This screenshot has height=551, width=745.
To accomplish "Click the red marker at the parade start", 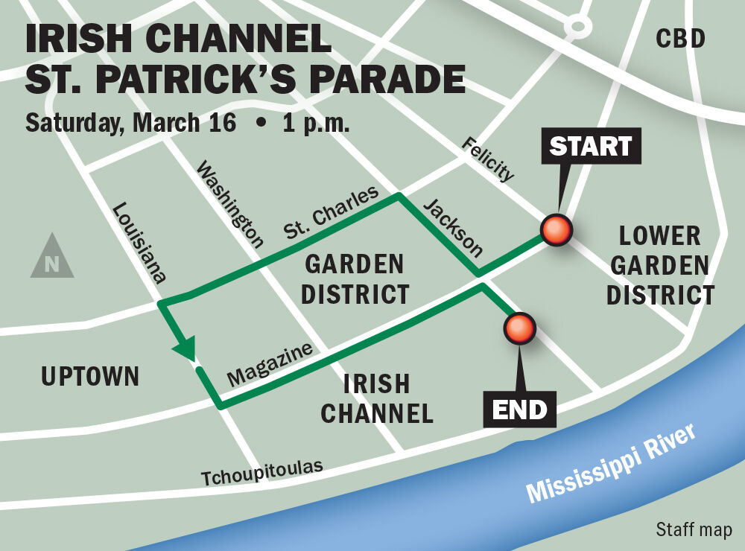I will [556, 231].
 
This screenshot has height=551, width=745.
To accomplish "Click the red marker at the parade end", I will [519, 328].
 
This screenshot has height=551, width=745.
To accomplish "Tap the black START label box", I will [590, 147].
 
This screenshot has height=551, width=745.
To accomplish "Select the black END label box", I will [519, 409].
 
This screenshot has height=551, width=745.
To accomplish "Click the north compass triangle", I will [52, 258].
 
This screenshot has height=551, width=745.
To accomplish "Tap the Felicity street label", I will [487, 159].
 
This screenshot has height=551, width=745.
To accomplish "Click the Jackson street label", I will [453, 227].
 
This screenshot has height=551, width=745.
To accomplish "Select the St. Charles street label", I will [331, 214].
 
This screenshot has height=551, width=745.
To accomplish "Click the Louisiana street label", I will [138, 243].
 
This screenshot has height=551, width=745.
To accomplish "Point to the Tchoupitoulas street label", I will [262, 472].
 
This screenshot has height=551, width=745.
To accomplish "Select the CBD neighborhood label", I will [680, 39].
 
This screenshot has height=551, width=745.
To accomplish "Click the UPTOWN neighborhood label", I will [90, 377].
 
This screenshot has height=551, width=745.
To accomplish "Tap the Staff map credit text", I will [694, 529].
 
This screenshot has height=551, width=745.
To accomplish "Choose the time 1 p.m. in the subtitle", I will [316, 123].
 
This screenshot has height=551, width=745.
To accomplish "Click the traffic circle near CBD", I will [577, 27].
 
